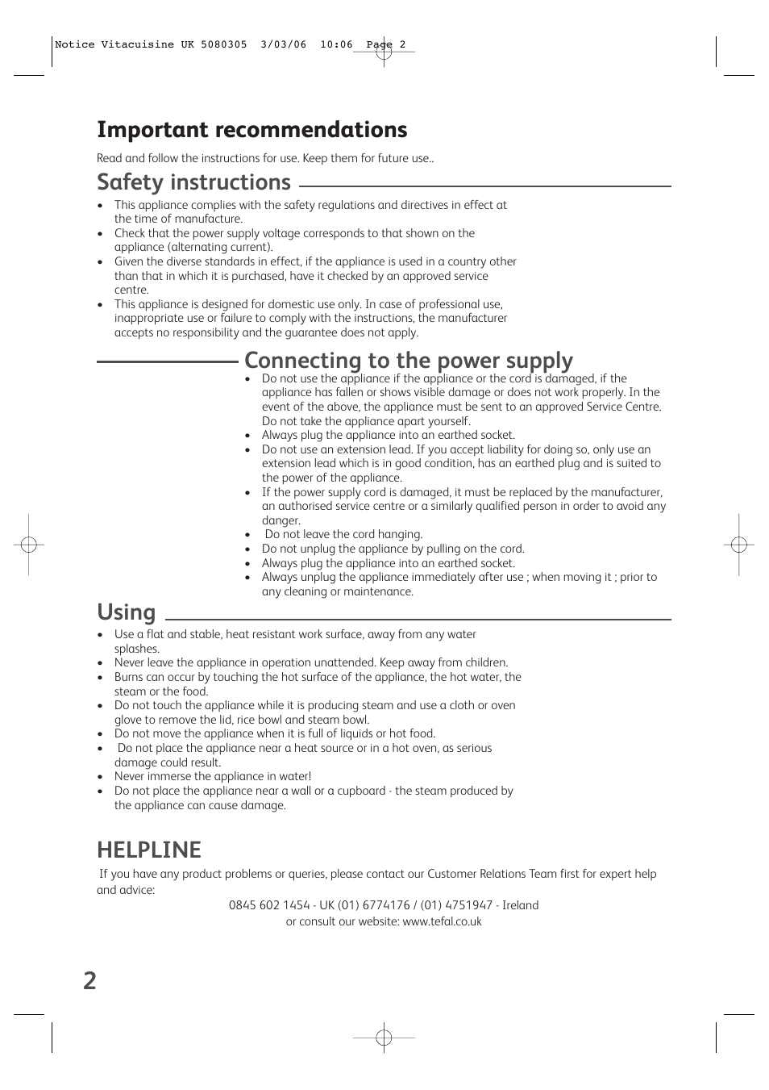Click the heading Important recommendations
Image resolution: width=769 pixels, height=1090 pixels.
251,130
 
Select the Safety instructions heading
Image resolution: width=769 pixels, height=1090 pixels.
193,182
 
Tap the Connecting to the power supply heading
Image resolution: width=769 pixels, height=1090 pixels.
409,360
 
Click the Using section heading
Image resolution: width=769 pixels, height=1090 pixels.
126,612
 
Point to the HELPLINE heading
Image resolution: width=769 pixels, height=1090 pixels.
149,850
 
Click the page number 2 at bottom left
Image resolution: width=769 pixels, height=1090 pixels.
89,980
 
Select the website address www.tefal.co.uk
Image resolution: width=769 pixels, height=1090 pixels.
442,921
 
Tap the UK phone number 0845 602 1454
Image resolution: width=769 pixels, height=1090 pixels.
269,905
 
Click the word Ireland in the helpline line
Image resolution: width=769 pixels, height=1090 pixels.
520,905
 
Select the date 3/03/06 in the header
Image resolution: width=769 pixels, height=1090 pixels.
284,45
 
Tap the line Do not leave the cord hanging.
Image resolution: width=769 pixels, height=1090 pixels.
343,534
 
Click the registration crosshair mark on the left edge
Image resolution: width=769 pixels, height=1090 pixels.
28,545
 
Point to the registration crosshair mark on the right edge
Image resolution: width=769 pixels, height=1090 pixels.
738,545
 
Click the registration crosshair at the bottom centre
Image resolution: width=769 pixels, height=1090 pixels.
384,1038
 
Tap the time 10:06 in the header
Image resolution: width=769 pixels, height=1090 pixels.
336,45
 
